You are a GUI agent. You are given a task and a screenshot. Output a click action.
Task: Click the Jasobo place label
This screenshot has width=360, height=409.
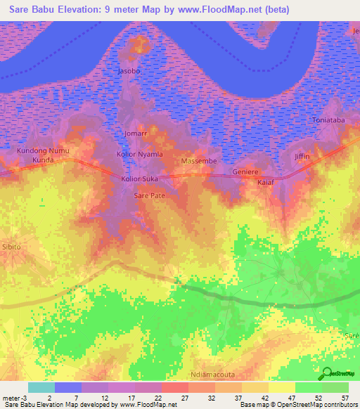(129, 72)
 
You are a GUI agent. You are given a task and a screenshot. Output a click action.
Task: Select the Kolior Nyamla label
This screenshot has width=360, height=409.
(139, 154)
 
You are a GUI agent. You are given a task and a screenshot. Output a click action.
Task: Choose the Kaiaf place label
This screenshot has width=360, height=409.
(265, 183)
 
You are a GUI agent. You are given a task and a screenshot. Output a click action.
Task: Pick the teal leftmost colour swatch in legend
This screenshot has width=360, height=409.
(41, 387)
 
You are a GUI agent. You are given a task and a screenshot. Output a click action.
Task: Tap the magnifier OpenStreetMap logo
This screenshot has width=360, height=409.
(328, 373)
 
